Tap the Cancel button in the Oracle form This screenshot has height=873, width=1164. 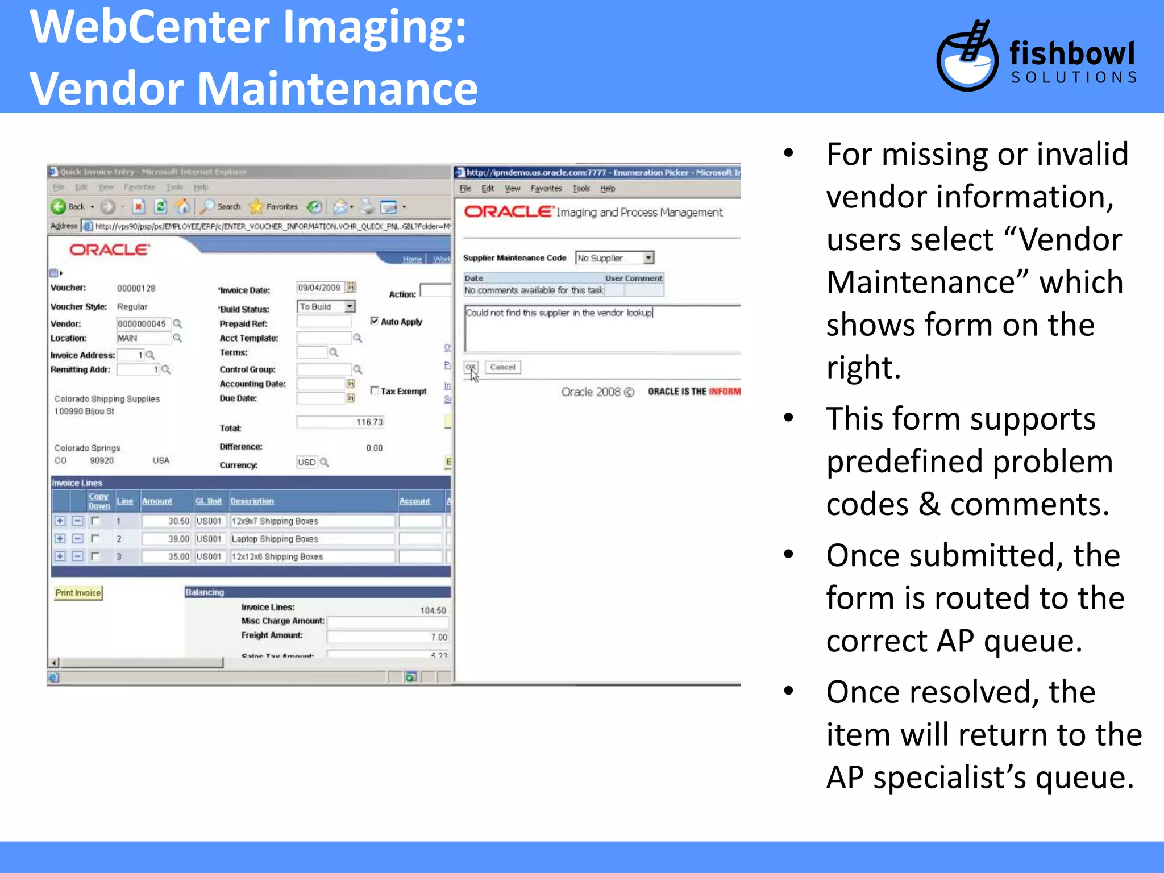click(502, 367)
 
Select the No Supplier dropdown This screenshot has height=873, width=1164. click(614, 258)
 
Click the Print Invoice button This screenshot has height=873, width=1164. click(78, 593)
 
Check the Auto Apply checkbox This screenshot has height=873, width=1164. click(374, 321)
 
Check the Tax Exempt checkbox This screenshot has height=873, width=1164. click(374, 390)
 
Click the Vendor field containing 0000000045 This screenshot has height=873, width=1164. click(142, 324)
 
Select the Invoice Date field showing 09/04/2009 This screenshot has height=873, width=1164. click(319, 288)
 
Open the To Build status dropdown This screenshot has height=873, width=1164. click(326, 307)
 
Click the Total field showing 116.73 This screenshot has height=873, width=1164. click(340, 422)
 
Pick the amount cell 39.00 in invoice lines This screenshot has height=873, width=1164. click(166, 539)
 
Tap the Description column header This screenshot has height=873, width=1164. click(252, 501)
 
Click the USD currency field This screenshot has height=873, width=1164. click(307, 462)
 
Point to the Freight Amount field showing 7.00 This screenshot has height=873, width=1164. click(388, 637)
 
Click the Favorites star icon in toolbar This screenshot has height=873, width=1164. click(257, 207)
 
